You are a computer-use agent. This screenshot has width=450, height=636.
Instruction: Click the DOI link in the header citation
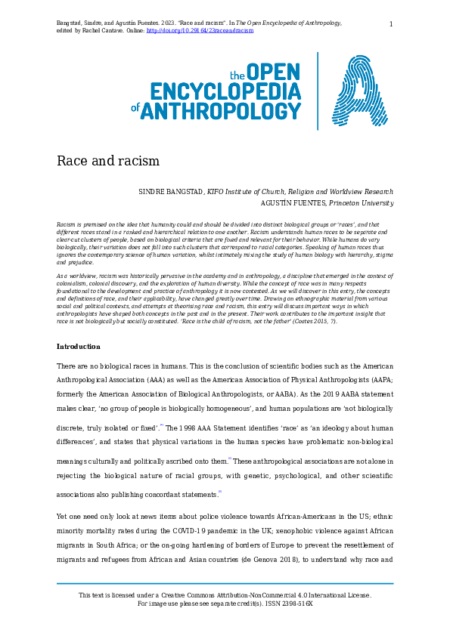pyautogui.click(x=200, y=31)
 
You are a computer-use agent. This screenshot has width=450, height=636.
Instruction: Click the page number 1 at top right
pyautogui.click(x=391, y=24)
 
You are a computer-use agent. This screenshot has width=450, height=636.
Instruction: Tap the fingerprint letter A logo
pyautogui.click(x=361, y=91)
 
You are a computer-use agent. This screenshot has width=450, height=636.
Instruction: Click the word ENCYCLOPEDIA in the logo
pyautogui.click(x=225, y=92)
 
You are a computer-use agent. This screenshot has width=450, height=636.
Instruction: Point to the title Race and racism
pyautogui.click(x=108, y=161)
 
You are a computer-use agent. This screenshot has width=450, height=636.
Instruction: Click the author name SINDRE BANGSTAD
pyautogui.click(x=172, y=192)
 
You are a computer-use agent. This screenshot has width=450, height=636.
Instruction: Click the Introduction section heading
pyautogui.click(x=78, y=347)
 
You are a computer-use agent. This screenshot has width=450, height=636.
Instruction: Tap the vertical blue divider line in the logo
pyautogui.click(x=318, y=91)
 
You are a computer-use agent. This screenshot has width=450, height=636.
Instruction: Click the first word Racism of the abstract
pyautogui.click(x=67, y=225)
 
